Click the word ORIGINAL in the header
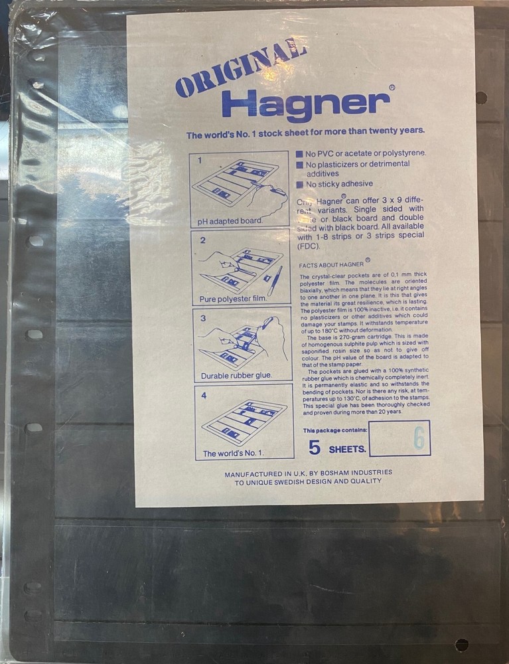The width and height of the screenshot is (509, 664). point(240,69)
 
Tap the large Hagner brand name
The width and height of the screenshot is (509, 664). point(305,103)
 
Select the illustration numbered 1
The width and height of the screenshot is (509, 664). point(240,189)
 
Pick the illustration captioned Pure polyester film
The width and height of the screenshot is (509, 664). point(241,267)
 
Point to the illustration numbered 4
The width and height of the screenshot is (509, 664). point(244,421)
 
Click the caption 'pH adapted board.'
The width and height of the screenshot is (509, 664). point(230,220)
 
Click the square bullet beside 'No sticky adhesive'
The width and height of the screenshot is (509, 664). point(300,185)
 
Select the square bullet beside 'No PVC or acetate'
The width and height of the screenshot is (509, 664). point(299,154)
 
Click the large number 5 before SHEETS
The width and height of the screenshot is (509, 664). point(315,448)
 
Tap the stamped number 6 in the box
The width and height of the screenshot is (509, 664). point(418,439)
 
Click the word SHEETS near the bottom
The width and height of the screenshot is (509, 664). point(347,450)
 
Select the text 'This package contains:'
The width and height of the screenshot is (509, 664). point(335,430)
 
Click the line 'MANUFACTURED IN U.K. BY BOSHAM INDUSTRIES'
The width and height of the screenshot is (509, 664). point(308,473)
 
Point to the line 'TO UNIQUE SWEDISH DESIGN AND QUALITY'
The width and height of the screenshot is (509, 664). point(308,481)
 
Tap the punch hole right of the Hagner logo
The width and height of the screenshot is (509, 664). point(481,98)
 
